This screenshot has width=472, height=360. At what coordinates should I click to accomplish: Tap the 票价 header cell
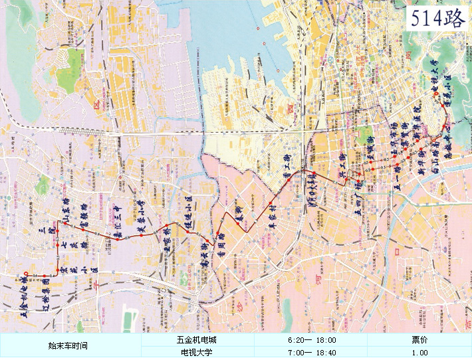tap(419, 340)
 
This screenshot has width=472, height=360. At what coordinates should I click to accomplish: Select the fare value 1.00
tap(419, 353)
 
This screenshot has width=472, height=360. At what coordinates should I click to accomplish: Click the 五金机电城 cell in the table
tap(199, 340)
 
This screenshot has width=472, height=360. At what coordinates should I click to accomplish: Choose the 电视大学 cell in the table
tap(199, 353)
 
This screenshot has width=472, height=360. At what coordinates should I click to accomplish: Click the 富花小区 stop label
tap(84, 266)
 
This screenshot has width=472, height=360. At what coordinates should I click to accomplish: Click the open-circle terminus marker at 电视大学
tap(436, 94)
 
